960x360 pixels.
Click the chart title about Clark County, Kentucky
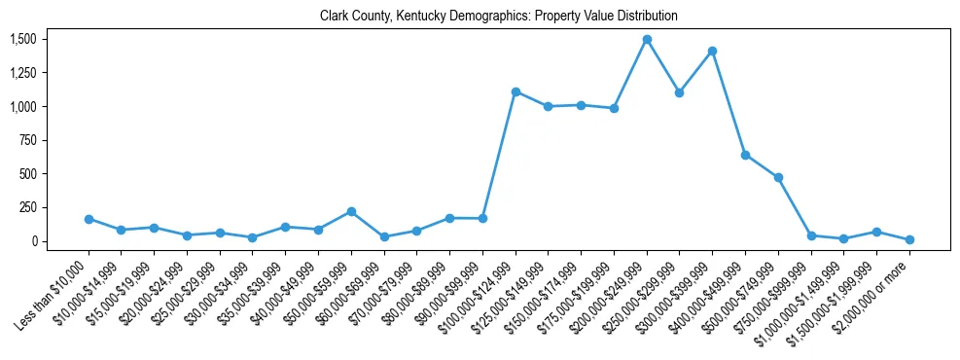[498, 17]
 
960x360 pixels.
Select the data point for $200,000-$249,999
[647, 40]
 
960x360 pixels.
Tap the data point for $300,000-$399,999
[712, 51]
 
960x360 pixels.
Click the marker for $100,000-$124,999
[516, 91]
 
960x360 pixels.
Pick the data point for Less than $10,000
[89, 219]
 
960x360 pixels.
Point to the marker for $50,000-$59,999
[351, 211]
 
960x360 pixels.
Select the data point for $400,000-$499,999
[745, 155]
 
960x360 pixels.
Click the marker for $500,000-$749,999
[778, 177]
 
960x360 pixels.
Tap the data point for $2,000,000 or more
[909, 239]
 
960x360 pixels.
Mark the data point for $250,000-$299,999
[680, 92]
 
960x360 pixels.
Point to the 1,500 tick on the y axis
[22, 39]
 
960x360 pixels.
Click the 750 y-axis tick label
[28, 140]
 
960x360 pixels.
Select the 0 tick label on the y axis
[34, 241]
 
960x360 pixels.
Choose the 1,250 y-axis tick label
[22, 73]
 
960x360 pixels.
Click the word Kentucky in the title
[423, 17]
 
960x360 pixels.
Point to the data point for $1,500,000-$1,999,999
[876, 232]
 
